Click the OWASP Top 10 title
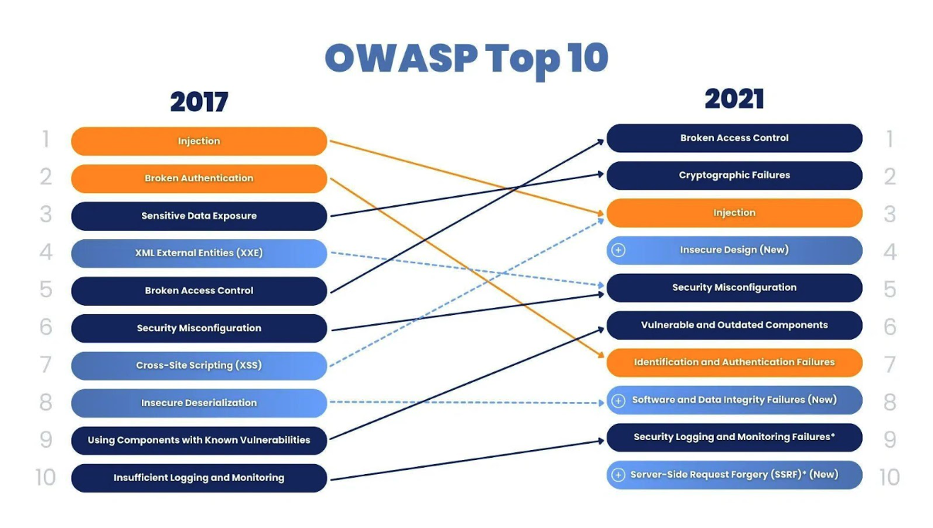(466, 59)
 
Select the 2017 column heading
(199, 102)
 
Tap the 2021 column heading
(735, 99)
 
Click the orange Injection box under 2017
(199, 141)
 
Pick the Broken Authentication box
(199, 178)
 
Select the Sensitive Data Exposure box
(199, 216)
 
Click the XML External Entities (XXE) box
(199, 253)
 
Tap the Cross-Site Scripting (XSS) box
(199, 365)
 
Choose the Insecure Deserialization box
(199, 403)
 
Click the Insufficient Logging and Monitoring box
(199, 478)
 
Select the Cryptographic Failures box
(735, 175)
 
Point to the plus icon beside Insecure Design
(618, 250)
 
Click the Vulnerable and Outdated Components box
(735, 325)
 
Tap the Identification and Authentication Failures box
(735, 363)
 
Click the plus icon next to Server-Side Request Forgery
(618, 475)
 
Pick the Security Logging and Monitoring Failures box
(735, 437)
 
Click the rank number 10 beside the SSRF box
(889, 477)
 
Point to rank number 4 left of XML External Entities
(46, 252)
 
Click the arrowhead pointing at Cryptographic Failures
(600, 174)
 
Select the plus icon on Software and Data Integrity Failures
(618, 401)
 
